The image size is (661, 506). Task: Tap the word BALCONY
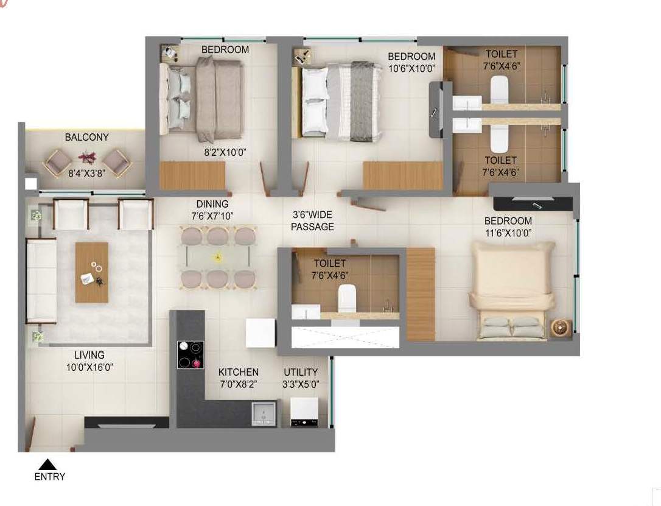click(86, 137)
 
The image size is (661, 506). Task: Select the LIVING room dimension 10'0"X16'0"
click(89, 367)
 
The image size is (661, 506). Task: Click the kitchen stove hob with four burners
click(190, 354)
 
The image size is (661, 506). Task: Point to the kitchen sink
click(264, 413)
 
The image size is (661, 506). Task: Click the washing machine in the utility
click(304, 412)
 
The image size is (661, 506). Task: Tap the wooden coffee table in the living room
click(91, 272)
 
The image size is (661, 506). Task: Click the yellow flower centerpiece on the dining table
click(218, 256)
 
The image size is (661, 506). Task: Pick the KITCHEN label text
click(238, 372)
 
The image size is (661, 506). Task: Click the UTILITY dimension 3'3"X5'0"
click(301, 384)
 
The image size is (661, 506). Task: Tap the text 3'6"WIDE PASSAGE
click(312, 220)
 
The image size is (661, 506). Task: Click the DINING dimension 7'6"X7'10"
click(212, 216)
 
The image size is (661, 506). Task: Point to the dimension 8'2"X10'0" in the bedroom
click(225, 152)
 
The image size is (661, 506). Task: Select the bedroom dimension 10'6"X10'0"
click(411, 68)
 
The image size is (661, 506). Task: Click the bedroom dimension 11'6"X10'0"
click(508, 233)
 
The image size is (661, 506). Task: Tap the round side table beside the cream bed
click(561, 328)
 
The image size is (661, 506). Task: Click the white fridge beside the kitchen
click(261, 333)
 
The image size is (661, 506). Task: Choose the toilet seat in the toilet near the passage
click(347, 298)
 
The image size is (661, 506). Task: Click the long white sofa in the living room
click(41, 281)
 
